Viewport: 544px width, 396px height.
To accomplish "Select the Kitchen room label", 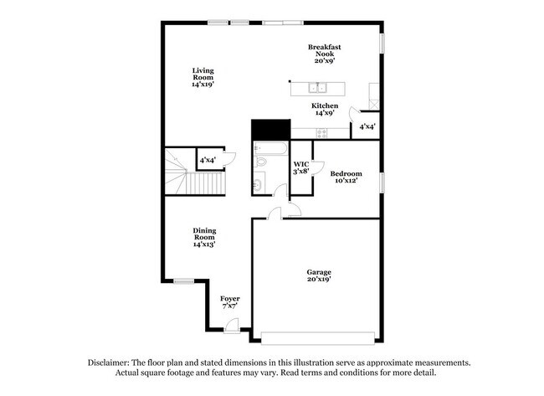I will click(x=325, y=106).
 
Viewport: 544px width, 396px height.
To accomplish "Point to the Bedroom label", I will click(x=346, y=173).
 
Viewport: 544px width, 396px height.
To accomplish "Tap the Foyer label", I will click(x=230, y=299).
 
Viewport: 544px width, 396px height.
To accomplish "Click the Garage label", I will click(x=318, y=273).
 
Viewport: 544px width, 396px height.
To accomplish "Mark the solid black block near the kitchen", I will click(x=270, y=130).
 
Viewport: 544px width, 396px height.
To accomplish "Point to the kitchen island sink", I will click(x=318, y=88).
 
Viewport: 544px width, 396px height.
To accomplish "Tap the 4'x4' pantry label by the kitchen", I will click(x=367, y=126).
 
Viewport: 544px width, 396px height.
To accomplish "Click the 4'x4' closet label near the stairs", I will click(x=208, y=159).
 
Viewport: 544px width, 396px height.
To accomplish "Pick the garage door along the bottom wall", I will click(x=318, y=337).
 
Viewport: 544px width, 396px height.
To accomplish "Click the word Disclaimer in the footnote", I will click(x=107, y=362).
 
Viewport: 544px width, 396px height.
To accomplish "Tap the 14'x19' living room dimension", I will click(x=203, y=84).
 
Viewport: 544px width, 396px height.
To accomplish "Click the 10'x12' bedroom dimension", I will click(x=346, y=181).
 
